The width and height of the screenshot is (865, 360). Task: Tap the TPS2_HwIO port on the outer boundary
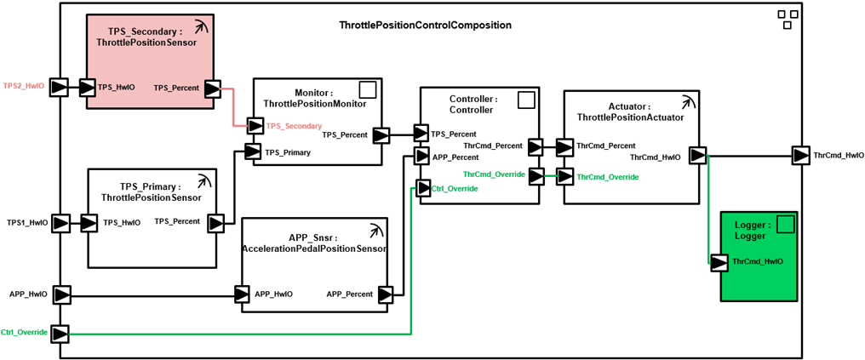pyautogui.click(x=60, y=87)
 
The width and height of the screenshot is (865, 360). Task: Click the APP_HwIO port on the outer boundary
pyautogui.click(x=60, y=294)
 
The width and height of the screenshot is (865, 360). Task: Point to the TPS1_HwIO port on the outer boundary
pyautogui.click(x=60, y=223)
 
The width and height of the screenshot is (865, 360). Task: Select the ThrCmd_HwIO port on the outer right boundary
pyautogui.click(x=799, y=156)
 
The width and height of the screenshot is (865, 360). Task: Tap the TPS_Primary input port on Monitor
pyautogui.click(x=254, y=151)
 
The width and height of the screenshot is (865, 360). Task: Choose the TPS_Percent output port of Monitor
pyautogui.click(x=380, y=134)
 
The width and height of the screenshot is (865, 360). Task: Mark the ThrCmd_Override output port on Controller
pyautogui.click(x=536, y=176)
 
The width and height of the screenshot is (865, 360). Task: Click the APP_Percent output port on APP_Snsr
pyautogui.click(x=386, y=294)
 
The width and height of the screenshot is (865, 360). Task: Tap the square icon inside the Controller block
pyautogui.click(x=527, y=100)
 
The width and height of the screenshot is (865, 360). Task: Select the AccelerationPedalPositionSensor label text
pyautogui.click(x=315, y=249)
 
